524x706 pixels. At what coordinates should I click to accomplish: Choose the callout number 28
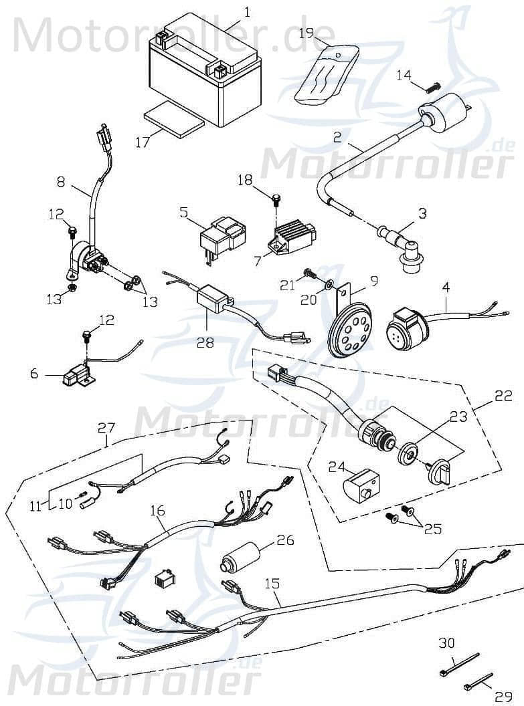click(x=205, y=342)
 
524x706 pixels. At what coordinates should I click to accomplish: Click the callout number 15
click(x=272, y=584)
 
